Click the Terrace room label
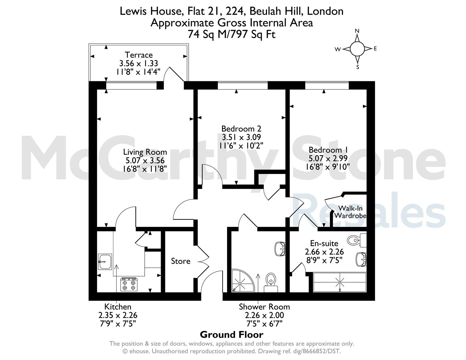pyautogui.click(x=139, y=55)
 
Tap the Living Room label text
pyautogui.click(x=145, y=152)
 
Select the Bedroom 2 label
pyautogui.click(x=241, y=129)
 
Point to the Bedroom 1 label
pyautogui.click(x=328, y=150)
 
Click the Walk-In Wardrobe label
pyautogui.click(x=350, y=212)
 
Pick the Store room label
pyautogui.click(x=181, y=261)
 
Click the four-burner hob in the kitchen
pyautogui.click(x=129, y=284)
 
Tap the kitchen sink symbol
pyautogui.click(x=105, y=262)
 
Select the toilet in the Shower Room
pyautogui.click(x=271, y=282)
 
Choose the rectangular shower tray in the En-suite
pyautogui.click(x=340, y=282)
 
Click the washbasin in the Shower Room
pyautogui.click(x=280, y=249)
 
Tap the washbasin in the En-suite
pyautogui.click(x=361, y=259)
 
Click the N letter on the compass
pyautogui.click(x=357, y=31)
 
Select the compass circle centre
pyautogui.click(x=357, y=49)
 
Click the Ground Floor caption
pyautogui.click(x=232, y=334)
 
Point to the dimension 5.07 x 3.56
pyautogui.click(x=145, y=161)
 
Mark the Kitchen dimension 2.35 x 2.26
pyautogui.click(x=118, y=315)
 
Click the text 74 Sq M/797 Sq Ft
pyautogui.click(x=232, y=34)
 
